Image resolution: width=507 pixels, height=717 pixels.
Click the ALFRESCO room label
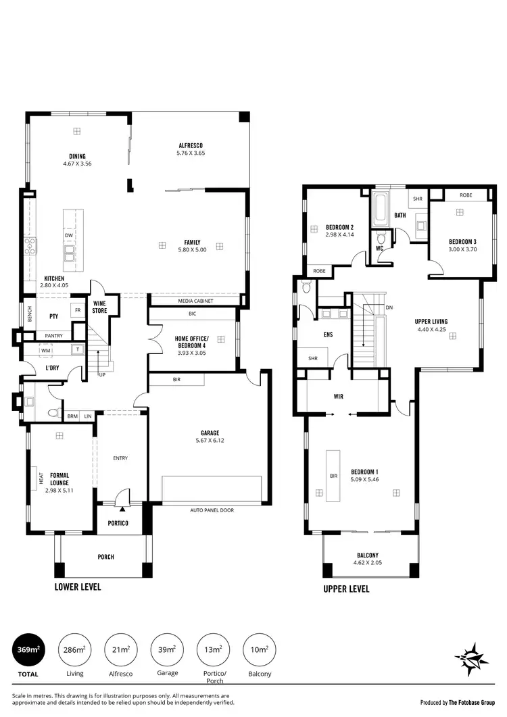pos(191,145)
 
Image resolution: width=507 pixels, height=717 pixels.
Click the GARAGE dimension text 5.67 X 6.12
pos(210,441)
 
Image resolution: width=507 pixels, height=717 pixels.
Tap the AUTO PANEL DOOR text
pos(212,510)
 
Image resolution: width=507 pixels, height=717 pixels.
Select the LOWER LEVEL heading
pos(78,587)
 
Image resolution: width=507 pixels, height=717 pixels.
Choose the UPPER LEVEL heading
pos(346,589)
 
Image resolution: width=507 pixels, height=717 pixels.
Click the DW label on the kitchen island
pos(69,235)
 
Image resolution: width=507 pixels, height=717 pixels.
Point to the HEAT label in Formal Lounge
pos(41,480)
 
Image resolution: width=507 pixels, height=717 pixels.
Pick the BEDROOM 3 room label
pos(463,242)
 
